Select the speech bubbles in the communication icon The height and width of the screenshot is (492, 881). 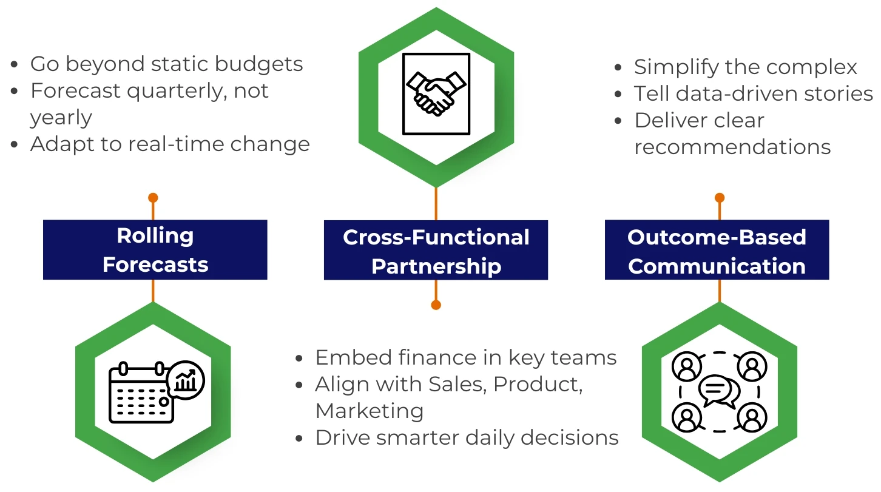[x=719, y=391]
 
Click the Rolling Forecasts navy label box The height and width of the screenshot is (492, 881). [x=155, y=250]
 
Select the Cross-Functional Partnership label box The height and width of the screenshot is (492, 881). [x=436, y=251]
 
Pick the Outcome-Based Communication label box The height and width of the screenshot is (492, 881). [x=717, y=251]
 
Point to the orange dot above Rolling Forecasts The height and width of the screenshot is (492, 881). [x=153, y=198]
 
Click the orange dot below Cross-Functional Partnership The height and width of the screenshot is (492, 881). [x=436, y=305]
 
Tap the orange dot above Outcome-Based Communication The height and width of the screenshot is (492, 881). [x=720, y=198]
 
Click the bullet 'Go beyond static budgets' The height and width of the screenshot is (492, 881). [x=166, y=64]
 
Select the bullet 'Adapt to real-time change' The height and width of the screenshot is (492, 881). [x=170, y=144]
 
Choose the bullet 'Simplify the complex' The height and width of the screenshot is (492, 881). [x=745, y=67]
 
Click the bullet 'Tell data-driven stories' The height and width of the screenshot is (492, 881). [x=753, y=93]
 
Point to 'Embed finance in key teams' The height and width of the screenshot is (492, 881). [x=465, y=357]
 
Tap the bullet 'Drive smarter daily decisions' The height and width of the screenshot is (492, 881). [x=467, y=437]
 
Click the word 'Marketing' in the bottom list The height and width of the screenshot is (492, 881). [x=370, y=411]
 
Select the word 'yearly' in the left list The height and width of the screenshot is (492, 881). [x=61, y=118]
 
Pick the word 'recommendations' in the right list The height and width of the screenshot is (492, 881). [x=732, y=147]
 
